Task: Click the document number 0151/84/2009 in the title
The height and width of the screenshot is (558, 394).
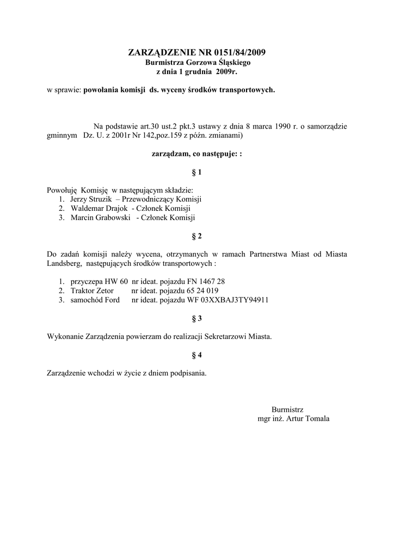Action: click(x=237, y=53)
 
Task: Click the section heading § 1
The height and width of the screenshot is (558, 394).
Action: click(x=197, y=172)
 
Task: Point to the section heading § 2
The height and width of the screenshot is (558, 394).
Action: click(x=197, y=236)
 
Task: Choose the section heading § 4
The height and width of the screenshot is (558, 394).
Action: click(x=197, y=355)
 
